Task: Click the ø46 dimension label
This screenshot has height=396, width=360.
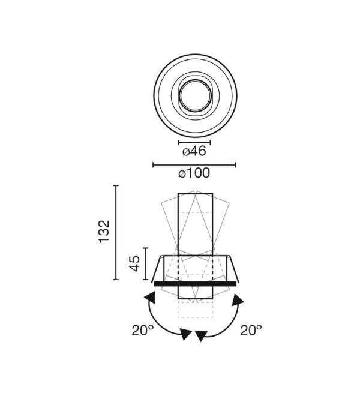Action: [194, 151]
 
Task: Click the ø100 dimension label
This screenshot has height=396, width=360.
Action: [194, 173]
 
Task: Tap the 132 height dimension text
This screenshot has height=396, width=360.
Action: [104, 232]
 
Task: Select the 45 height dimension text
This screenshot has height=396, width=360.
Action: [134, 263]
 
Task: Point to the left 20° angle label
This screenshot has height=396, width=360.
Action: [142, 330]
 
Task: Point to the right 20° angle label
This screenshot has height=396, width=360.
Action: [251, 330]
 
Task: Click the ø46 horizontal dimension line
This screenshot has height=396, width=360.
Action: [194, 143]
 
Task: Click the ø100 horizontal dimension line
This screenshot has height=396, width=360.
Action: [194, 165]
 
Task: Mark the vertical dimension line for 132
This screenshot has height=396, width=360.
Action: [116, 232]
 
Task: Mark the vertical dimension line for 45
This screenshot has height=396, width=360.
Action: [146, 263]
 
